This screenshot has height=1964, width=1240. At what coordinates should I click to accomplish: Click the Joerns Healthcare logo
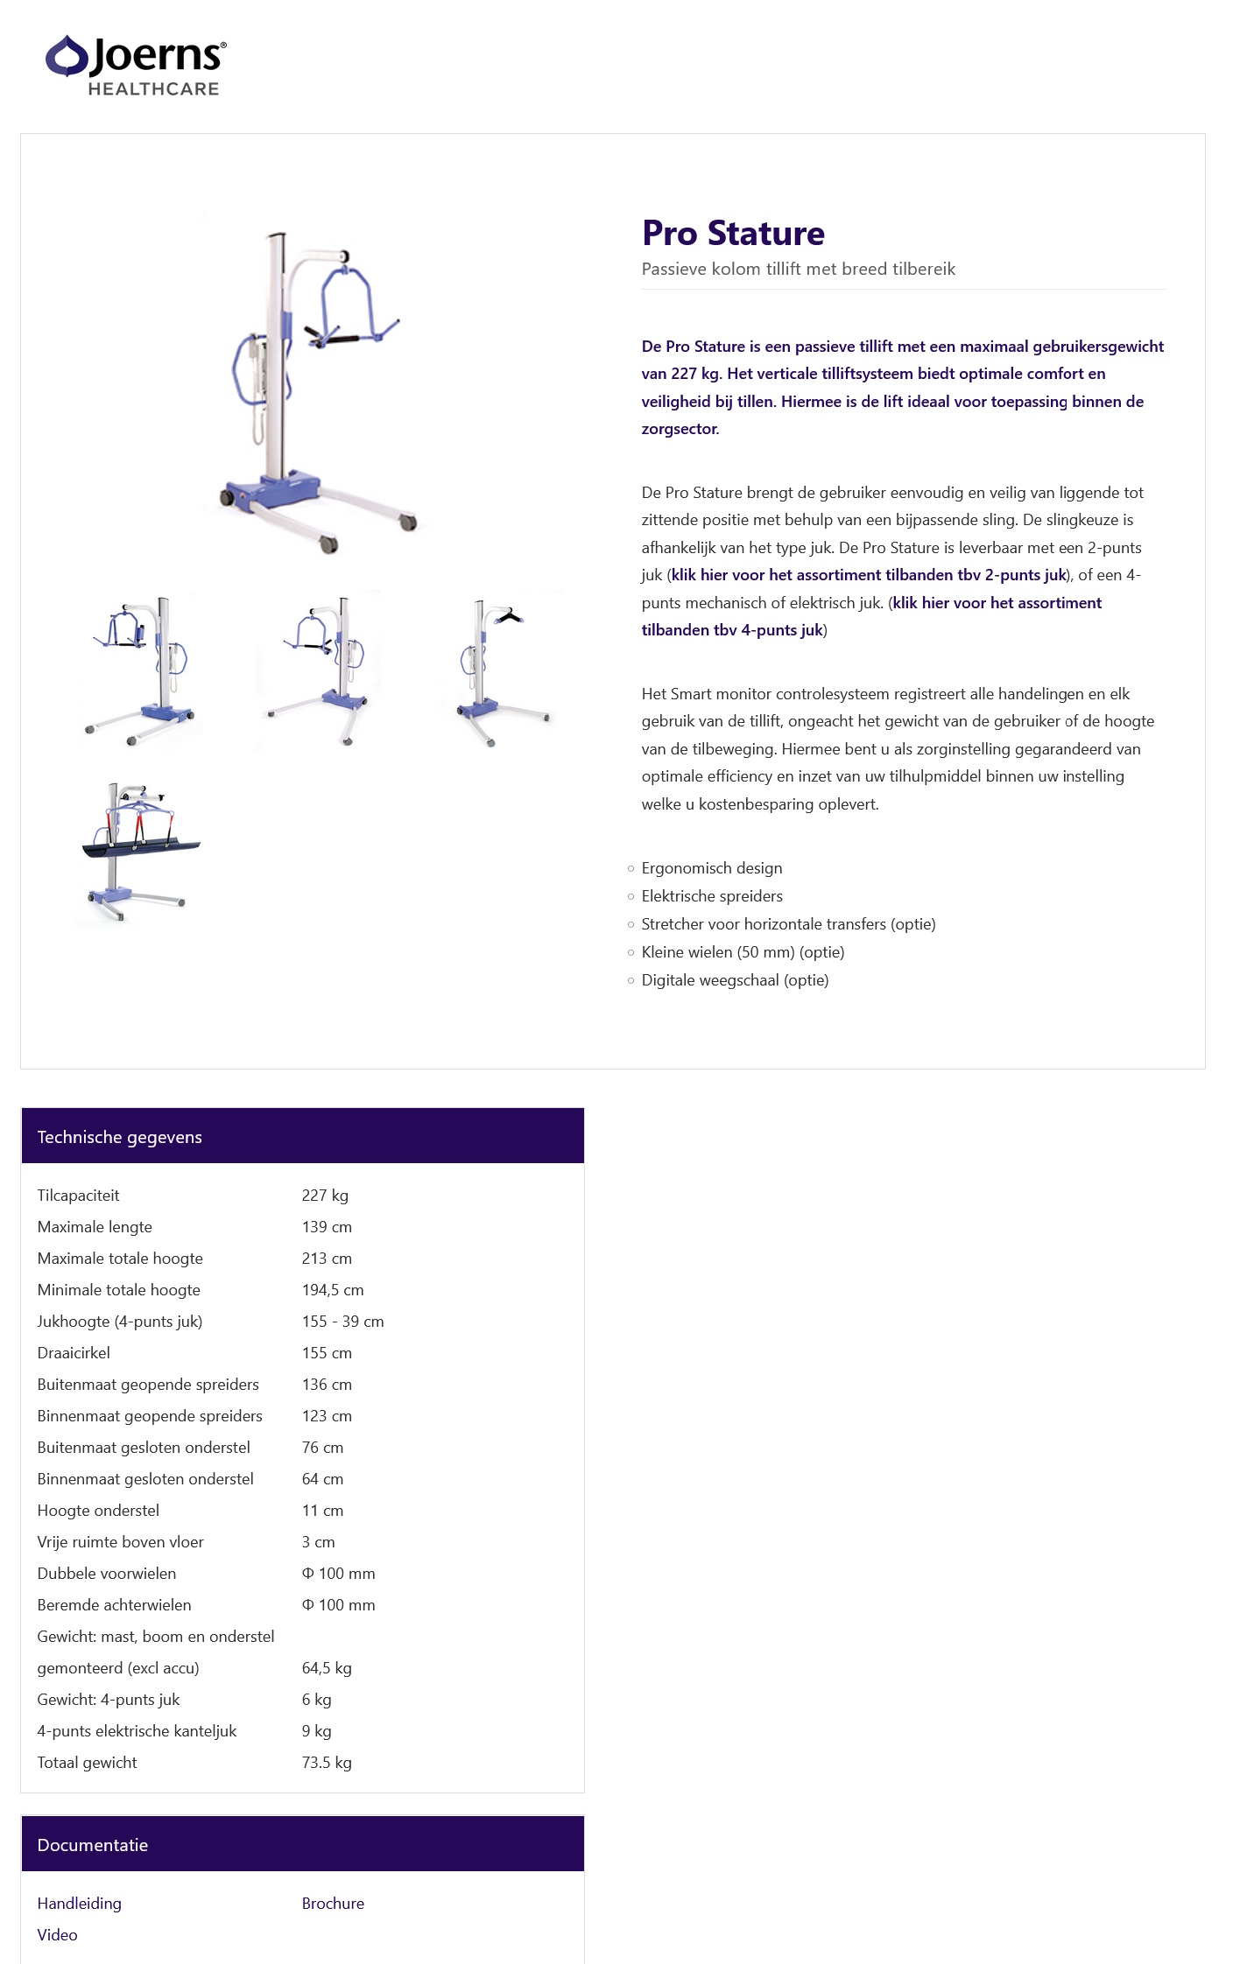[x=136, y=65]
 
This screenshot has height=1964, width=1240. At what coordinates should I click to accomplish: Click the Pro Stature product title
[x=732, y=233]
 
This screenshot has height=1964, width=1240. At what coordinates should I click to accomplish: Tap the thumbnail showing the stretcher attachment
[x=137, y=852]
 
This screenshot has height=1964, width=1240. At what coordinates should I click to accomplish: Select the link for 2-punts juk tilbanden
[x=868, y=575]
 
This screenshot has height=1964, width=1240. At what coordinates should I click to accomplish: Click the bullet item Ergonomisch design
[x=711, y=868]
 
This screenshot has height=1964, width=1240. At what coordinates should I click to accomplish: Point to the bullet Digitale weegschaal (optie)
[x=734, y=980]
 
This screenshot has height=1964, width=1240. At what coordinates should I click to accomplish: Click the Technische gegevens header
[x=119, y=1137]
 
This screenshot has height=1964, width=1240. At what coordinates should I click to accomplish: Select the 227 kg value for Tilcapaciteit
[x=325, y=1196]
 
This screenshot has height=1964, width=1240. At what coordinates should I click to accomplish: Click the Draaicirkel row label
[x=74, y=1353]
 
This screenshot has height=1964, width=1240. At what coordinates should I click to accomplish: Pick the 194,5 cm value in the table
[x=332, y=1290]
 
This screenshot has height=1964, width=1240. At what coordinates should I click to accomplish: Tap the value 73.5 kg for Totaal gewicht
[x=326, y=1763]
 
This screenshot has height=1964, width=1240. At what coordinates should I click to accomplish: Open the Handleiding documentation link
[x=79, y=1904]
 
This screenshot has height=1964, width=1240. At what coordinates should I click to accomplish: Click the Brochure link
[x=333, y=1904]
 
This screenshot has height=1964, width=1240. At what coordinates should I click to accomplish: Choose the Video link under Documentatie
[x=57, y=1935]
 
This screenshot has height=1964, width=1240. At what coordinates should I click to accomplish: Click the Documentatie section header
[x=92, y=1845]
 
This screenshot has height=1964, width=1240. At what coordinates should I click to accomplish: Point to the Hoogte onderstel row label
[x=98, y=1511]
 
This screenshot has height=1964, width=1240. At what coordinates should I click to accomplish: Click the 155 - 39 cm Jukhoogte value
[x=342, y=1322]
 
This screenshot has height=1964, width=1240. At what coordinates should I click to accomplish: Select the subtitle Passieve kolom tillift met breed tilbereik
[x=798, y=269]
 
